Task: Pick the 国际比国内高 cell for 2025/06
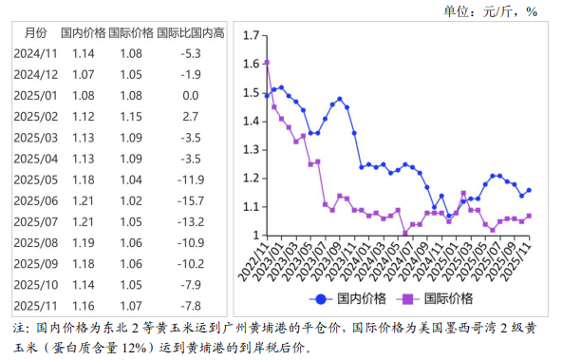(191, 200)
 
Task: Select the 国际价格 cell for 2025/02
(131, 116)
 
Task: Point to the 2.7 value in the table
(191, 116)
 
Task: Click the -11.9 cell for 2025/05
(191, 180)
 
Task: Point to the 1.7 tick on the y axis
(252, 35)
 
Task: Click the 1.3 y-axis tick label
(252, 149)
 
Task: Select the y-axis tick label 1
(256, 235)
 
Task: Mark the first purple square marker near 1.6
(268, 63)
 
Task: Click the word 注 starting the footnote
(20, 328)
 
